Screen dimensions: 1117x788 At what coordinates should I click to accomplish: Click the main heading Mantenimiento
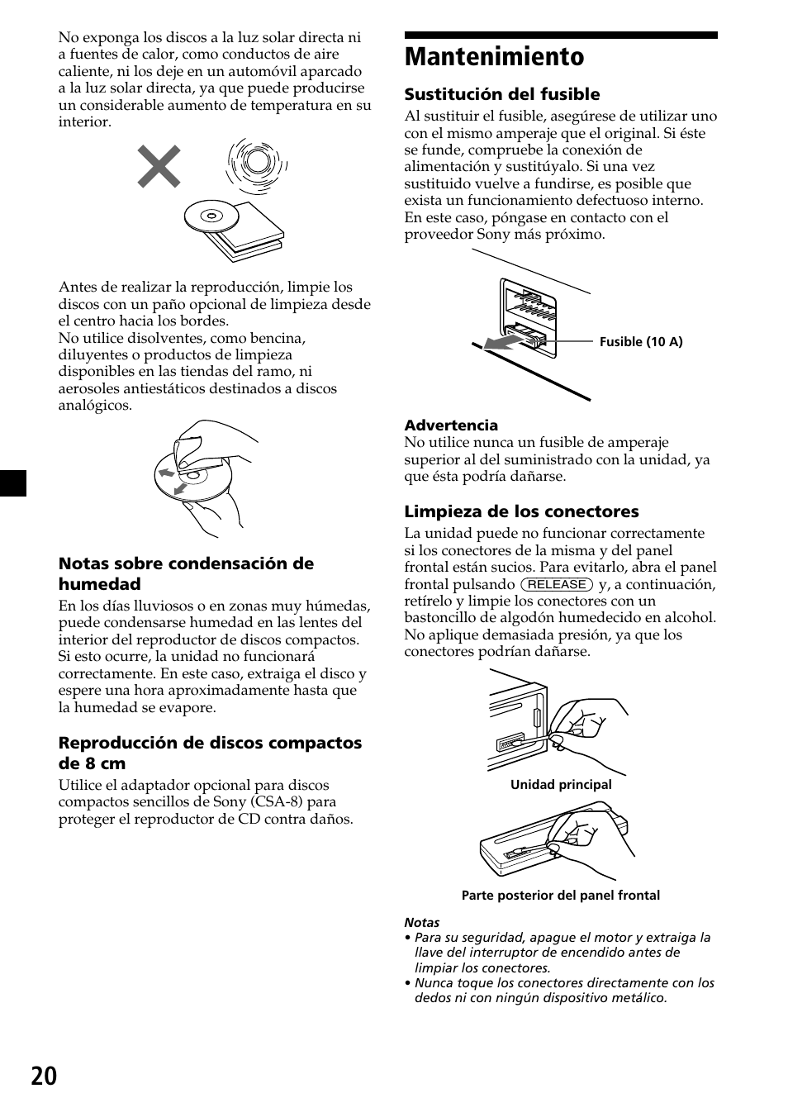coord(494,57)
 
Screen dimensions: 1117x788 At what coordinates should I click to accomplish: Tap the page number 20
coord(46,1076)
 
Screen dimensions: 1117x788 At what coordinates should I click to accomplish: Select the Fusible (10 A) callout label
coord(640,342)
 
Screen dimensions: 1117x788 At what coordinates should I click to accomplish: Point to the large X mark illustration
coord(159,166)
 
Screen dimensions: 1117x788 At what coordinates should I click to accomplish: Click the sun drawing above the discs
coord(256,163)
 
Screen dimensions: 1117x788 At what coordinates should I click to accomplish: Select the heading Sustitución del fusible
coord(501,94)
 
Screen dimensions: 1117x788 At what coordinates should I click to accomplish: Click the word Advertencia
coord(450,425)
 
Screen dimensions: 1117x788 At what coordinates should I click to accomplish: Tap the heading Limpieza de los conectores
coord(521,511)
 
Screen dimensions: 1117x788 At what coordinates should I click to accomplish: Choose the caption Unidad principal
coord(561,785)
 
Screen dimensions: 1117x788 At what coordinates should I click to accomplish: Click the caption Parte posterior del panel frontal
coord(560,896)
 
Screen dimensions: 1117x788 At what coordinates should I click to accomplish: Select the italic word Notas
coord(421,923)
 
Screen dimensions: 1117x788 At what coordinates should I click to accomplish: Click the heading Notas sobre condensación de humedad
coord(185,573)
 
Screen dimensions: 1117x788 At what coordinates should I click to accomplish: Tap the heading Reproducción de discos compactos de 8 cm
coord(209,753)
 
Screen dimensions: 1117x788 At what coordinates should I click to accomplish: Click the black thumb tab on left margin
coord(13,482)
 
